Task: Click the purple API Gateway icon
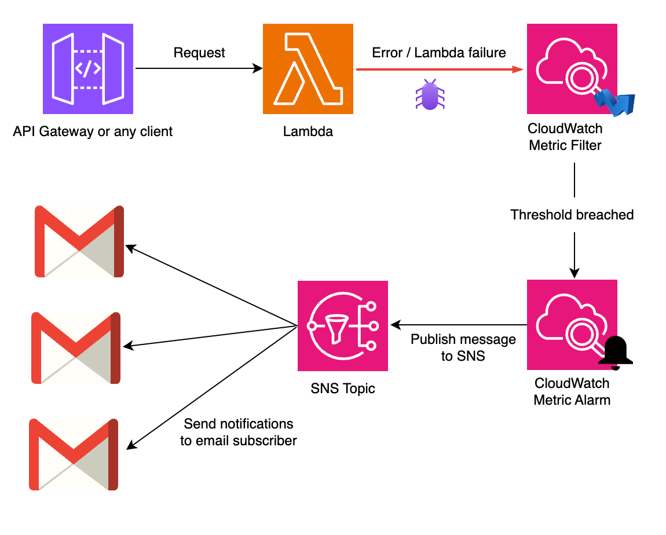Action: point(88,69)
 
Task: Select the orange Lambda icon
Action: point(308,69)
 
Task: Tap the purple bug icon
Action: point(429,95)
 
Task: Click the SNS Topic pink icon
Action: point(343,325)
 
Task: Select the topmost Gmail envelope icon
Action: point(79,241)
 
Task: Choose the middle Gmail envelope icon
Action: point(76,347)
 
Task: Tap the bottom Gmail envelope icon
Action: point(74,454)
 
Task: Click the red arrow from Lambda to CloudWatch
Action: point(440,69)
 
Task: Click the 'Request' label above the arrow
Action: point(199,53)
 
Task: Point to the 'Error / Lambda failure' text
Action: point(438,53)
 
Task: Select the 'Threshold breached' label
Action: point(572,215)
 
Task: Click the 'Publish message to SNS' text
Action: point(463,347)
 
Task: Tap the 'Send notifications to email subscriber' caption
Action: point(239,433)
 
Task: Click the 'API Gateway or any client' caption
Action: point(93,131)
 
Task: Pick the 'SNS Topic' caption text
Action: point(343,388)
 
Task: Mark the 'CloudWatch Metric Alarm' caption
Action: point(572,391)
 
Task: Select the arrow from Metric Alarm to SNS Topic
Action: point(458,325)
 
